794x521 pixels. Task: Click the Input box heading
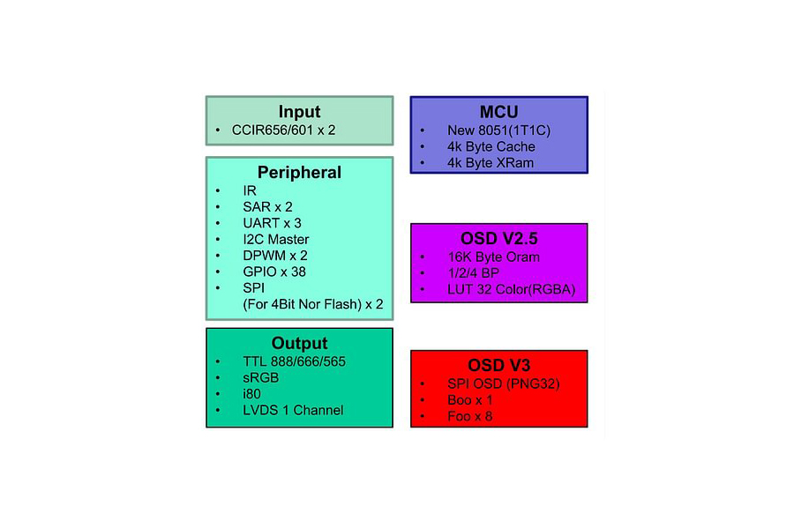click(299, 111)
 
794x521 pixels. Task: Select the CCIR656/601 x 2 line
click(283, 130)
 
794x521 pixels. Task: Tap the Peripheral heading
click(299, 172)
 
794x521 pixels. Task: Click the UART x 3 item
click(272, 223)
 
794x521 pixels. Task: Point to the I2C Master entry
click(276, 239)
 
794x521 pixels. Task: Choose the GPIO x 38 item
click(274, 272)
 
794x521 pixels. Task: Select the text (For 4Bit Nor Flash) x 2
click(313, 304)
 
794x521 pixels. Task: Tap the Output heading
click(299, 343)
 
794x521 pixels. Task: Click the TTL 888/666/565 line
click(294, 361)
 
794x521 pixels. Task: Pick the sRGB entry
click(261, 378)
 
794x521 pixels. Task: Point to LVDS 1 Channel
click(293, 410)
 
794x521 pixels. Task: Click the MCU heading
click(498, 112)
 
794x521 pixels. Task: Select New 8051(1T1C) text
click(498, 130)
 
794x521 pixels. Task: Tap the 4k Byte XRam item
click(491, 163)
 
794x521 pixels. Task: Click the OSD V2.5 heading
click(498, 238)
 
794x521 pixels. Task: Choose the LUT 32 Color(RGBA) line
click(512, 289)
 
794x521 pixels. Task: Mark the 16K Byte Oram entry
click(494, 257)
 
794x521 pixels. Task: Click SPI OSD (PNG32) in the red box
click(504, 384)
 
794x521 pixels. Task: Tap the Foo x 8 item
click(470, 416)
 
